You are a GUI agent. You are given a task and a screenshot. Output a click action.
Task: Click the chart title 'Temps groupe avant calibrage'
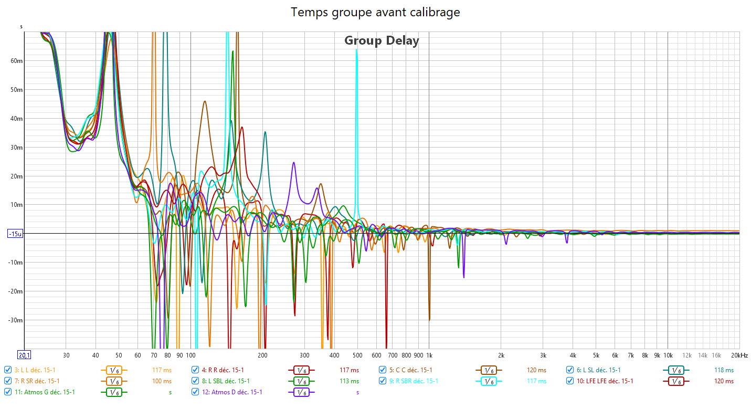[375, 12]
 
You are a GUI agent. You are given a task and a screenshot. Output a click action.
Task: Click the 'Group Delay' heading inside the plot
[382, 40]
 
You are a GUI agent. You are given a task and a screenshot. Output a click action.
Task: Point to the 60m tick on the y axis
[17, 61]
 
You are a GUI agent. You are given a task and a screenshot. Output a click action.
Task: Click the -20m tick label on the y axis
[16, 291]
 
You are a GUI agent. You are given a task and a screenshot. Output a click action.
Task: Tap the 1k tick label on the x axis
[429, 355]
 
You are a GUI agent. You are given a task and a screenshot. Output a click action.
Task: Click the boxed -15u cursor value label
[15, 234]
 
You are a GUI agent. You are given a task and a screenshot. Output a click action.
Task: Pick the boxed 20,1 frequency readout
[24, 355]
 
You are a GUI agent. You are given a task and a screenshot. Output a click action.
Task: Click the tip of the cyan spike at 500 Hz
[357, 50]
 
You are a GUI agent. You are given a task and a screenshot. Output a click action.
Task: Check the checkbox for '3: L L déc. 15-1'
[8, 370]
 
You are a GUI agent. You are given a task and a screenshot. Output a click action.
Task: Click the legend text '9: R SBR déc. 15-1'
[414, 381]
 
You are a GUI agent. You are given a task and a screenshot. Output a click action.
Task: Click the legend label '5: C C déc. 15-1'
[411, 370]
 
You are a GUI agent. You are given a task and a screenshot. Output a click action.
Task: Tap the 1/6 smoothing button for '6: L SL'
[680, 370]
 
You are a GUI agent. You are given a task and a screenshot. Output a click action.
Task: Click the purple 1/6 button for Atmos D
[301, 392]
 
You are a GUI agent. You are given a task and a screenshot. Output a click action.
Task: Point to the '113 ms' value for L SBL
[350, 381]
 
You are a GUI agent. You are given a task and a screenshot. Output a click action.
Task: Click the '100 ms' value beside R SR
[162, 381]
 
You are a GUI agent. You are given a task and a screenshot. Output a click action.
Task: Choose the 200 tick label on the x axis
[263, 355]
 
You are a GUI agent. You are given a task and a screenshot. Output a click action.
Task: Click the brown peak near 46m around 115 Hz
[205, 101]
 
